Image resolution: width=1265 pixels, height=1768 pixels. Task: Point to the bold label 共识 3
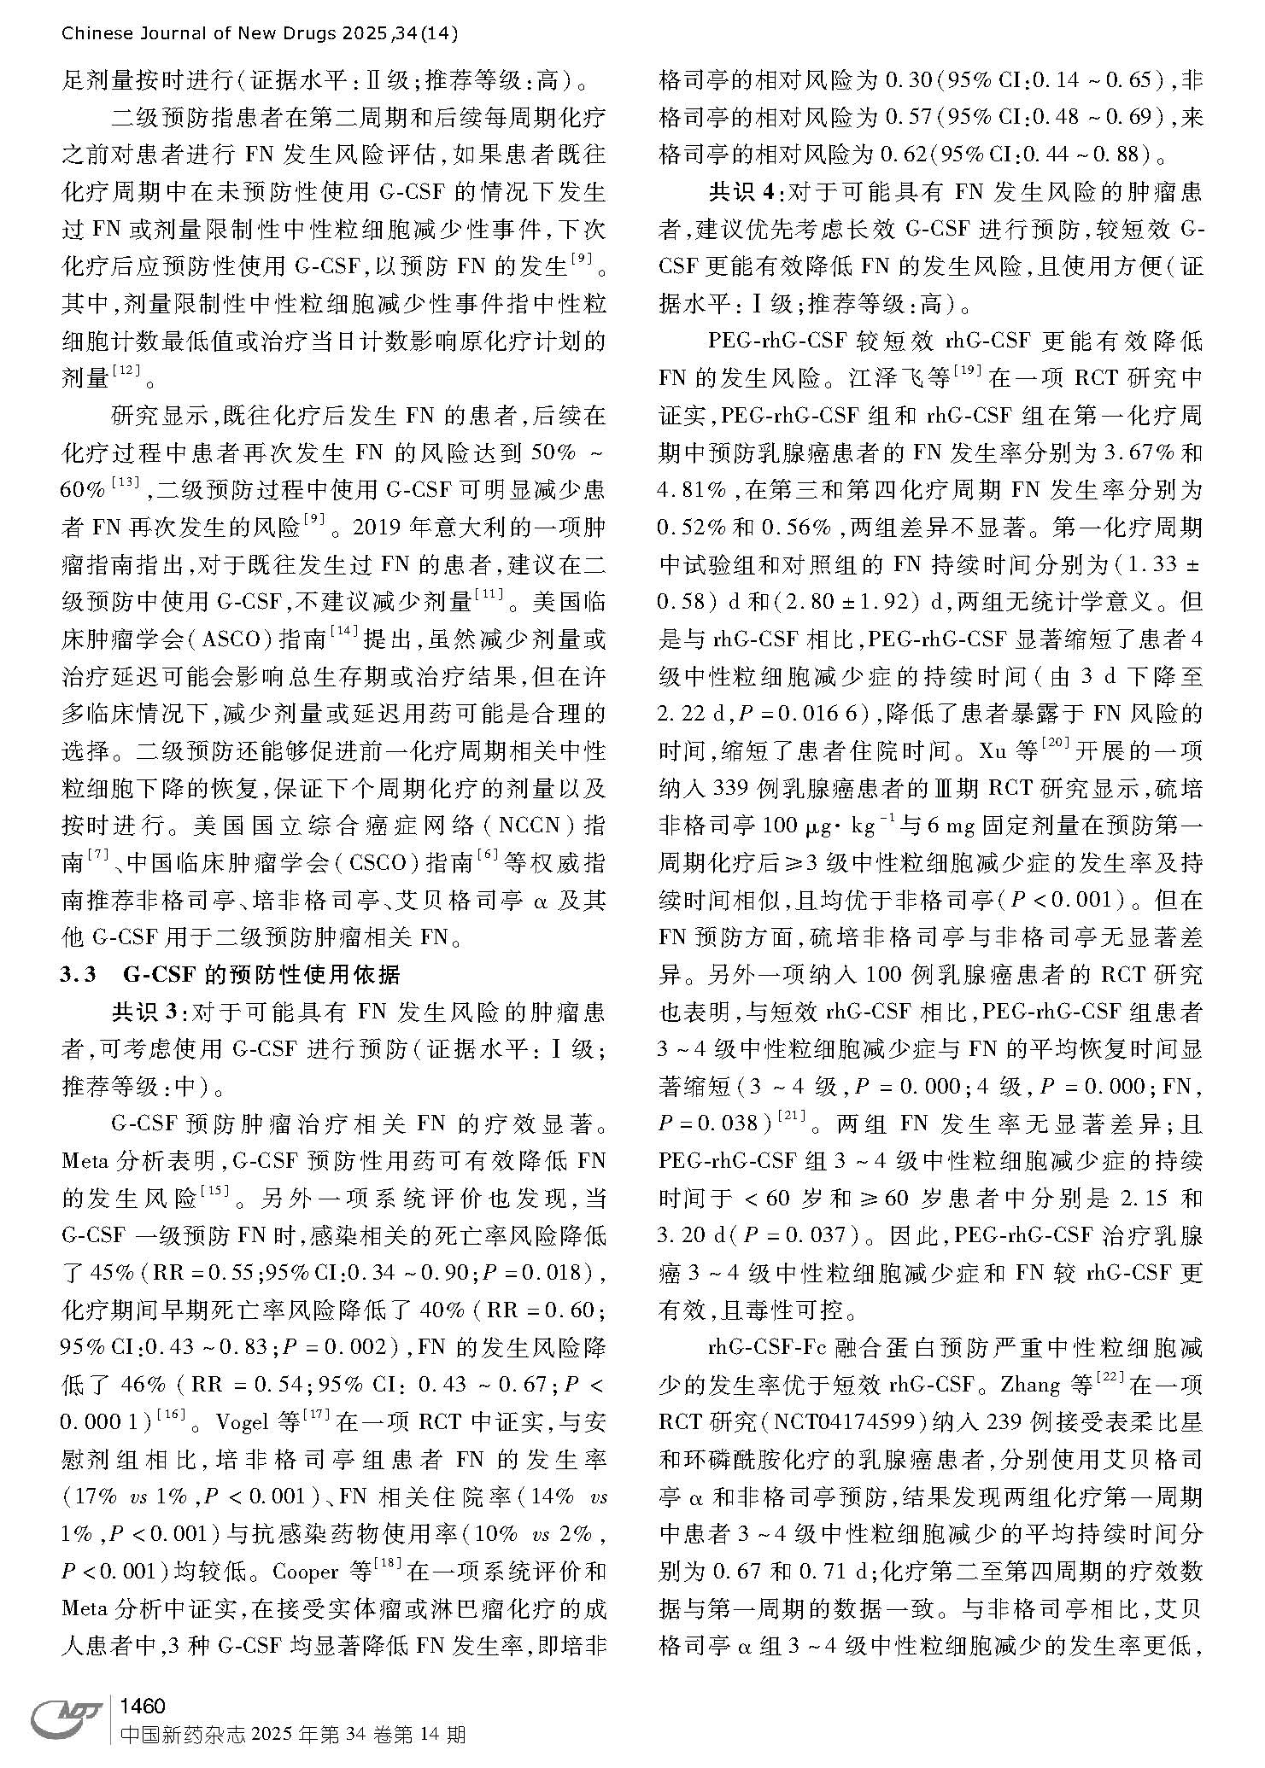click(x=145, y=1012)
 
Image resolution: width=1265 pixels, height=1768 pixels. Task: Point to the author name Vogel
click(x=244, y=1422)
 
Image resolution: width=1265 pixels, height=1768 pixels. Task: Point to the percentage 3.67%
click(x=1121, y=452)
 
